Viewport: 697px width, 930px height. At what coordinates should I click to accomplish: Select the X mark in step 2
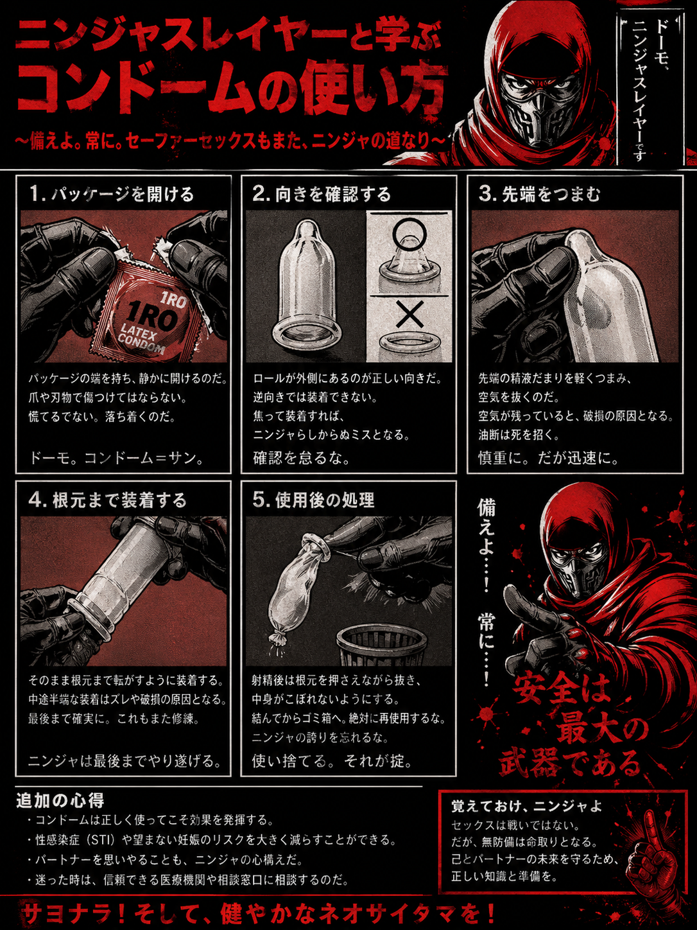409,314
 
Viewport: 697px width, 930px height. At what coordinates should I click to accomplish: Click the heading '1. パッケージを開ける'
112,194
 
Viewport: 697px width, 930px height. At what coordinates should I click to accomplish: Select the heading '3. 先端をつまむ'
540,194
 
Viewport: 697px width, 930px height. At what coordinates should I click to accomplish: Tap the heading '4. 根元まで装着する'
107,500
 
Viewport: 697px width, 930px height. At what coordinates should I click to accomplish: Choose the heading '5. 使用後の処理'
313,500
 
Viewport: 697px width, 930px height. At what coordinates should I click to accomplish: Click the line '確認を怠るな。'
301,457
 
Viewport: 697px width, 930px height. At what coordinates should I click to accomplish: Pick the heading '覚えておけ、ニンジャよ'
526,806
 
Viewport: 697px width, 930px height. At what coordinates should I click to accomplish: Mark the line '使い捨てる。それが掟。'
332,761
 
